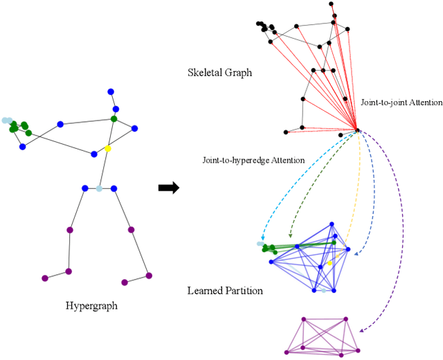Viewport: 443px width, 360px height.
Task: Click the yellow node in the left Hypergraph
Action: tap(107, 148)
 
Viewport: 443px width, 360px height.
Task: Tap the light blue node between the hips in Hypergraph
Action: tap(99, 188)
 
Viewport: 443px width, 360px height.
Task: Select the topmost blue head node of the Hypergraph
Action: tap(109, 91)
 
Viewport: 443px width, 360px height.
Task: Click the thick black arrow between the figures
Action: tap(168, 188)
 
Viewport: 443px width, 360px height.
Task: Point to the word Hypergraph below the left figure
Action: tap(91, 305)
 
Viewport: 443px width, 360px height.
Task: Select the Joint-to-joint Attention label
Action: tap(401, 102)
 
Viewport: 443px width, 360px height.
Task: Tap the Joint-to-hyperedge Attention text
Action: tap(253, 160)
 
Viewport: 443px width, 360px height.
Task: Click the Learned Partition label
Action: tap(225, 291)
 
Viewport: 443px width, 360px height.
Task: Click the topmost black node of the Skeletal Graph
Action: tap(332, 4)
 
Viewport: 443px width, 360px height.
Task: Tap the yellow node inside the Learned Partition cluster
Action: tap(330, 263)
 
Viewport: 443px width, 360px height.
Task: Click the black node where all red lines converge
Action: tap(356, 129)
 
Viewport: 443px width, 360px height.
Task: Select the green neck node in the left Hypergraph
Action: tap(114, 119)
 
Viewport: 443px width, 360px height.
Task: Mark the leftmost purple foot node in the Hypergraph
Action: tap(45, 278)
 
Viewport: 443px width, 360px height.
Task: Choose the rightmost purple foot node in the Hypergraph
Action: tap(150, 276)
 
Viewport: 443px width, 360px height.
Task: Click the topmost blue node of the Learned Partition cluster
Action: tap(332, 224)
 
